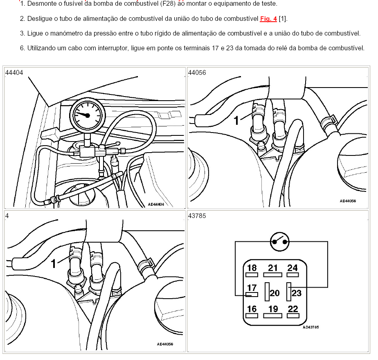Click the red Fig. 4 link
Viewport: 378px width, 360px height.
coord(268,19)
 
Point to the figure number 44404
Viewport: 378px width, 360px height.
coord(14,72)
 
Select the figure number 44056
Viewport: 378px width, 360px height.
coord(197,72)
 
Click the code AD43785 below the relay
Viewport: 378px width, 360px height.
coord(310,327)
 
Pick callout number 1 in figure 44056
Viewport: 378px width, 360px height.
coord(236,120)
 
